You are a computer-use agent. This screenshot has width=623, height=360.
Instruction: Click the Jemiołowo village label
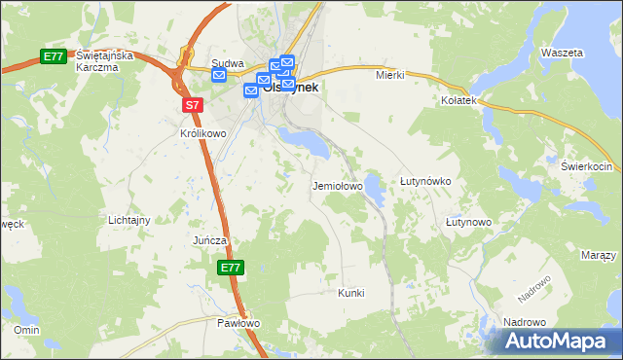coord(337,185)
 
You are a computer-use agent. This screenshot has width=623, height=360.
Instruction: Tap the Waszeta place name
coord(564,52)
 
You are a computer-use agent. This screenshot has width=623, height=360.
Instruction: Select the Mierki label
coord(389,75)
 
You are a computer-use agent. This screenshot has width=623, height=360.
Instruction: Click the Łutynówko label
coord(424,182)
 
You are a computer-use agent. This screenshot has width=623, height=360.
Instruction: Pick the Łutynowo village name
coord(468,222)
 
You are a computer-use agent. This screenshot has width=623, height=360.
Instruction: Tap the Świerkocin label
coord(584,166)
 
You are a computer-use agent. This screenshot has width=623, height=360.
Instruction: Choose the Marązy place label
coord(598,255)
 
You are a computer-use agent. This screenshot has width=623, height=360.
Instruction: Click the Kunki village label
coord(350,292)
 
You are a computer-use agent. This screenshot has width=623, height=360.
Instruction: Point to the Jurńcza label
coord(209,239)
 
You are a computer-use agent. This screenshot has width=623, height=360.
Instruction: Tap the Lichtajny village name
coord(129,220)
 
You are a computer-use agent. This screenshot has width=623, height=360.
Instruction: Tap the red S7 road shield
coord(192,104)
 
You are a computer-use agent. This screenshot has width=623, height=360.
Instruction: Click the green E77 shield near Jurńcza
coord(230,268)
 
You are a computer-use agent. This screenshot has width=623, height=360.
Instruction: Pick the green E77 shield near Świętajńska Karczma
coord(54,57)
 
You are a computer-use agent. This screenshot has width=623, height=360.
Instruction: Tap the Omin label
coord(25,330)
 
